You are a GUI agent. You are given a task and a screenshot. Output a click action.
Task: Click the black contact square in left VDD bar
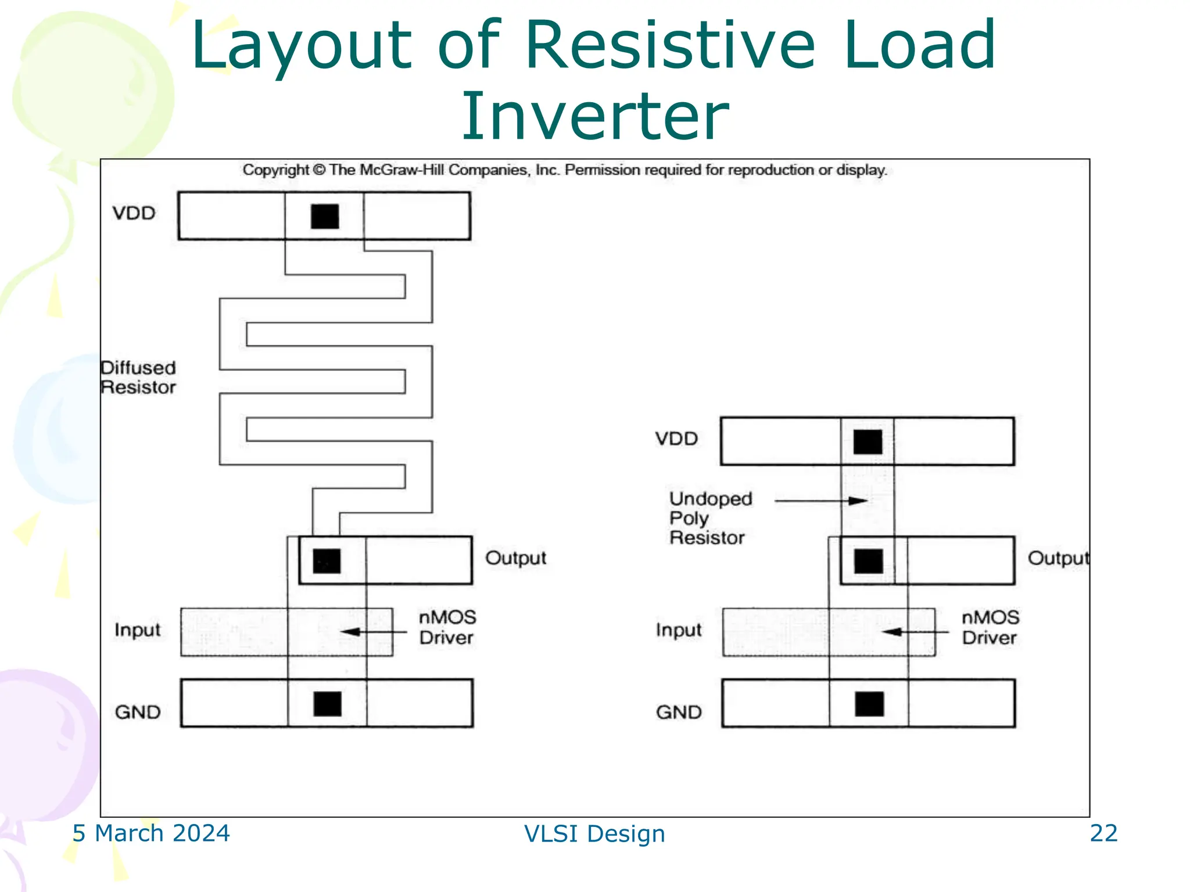click(x=325, y=217)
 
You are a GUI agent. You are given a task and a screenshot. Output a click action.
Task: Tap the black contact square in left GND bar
click(x=327, y=704)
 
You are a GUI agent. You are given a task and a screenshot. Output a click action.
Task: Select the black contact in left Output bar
click(x=327, y=561)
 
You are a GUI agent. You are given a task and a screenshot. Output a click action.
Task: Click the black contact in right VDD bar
click(x=868, y=442)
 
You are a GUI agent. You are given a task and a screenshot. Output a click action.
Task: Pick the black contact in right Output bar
click(x=869, y=561)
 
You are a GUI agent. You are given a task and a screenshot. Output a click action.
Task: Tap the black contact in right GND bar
click(x=869, y=704)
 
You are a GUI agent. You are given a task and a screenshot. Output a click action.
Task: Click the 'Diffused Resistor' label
click(x=138, y=377)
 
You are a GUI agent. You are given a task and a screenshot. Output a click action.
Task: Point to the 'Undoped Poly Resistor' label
click(x=710, y=518)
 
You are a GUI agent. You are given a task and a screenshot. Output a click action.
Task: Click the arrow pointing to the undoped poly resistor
click(x=820, y=501)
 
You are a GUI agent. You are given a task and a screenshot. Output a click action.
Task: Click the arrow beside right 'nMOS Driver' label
click(x=915, y=632)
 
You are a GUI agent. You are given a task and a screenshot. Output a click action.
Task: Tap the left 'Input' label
click(x=137, y=630)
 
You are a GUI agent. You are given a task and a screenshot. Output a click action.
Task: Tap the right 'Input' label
click(x=679, y=630)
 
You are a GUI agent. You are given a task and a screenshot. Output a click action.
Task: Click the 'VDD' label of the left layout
click(x=134, y=213)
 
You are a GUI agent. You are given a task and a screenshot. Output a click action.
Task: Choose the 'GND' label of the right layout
click(x=679, y=712)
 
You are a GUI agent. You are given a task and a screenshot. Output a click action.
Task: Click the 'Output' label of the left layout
click(x=515, y=558)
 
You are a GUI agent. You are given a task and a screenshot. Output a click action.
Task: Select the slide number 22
click(x=1103, y=833)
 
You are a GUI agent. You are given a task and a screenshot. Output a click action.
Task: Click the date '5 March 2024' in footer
click(x=151, y=833)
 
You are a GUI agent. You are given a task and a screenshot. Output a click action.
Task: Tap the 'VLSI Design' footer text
click(x=594, y=834)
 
